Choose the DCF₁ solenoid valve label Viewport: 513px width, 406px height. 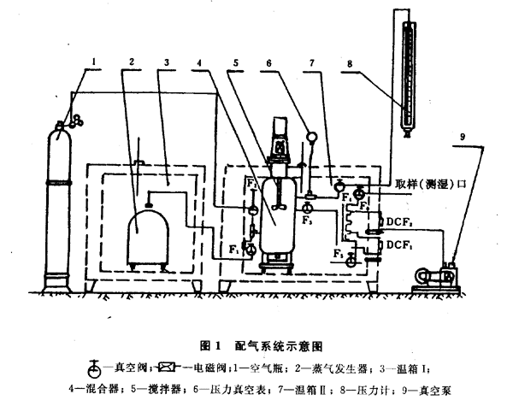[402, 244]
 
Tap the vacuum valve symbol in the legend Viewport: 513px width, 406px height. [99, 368]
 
